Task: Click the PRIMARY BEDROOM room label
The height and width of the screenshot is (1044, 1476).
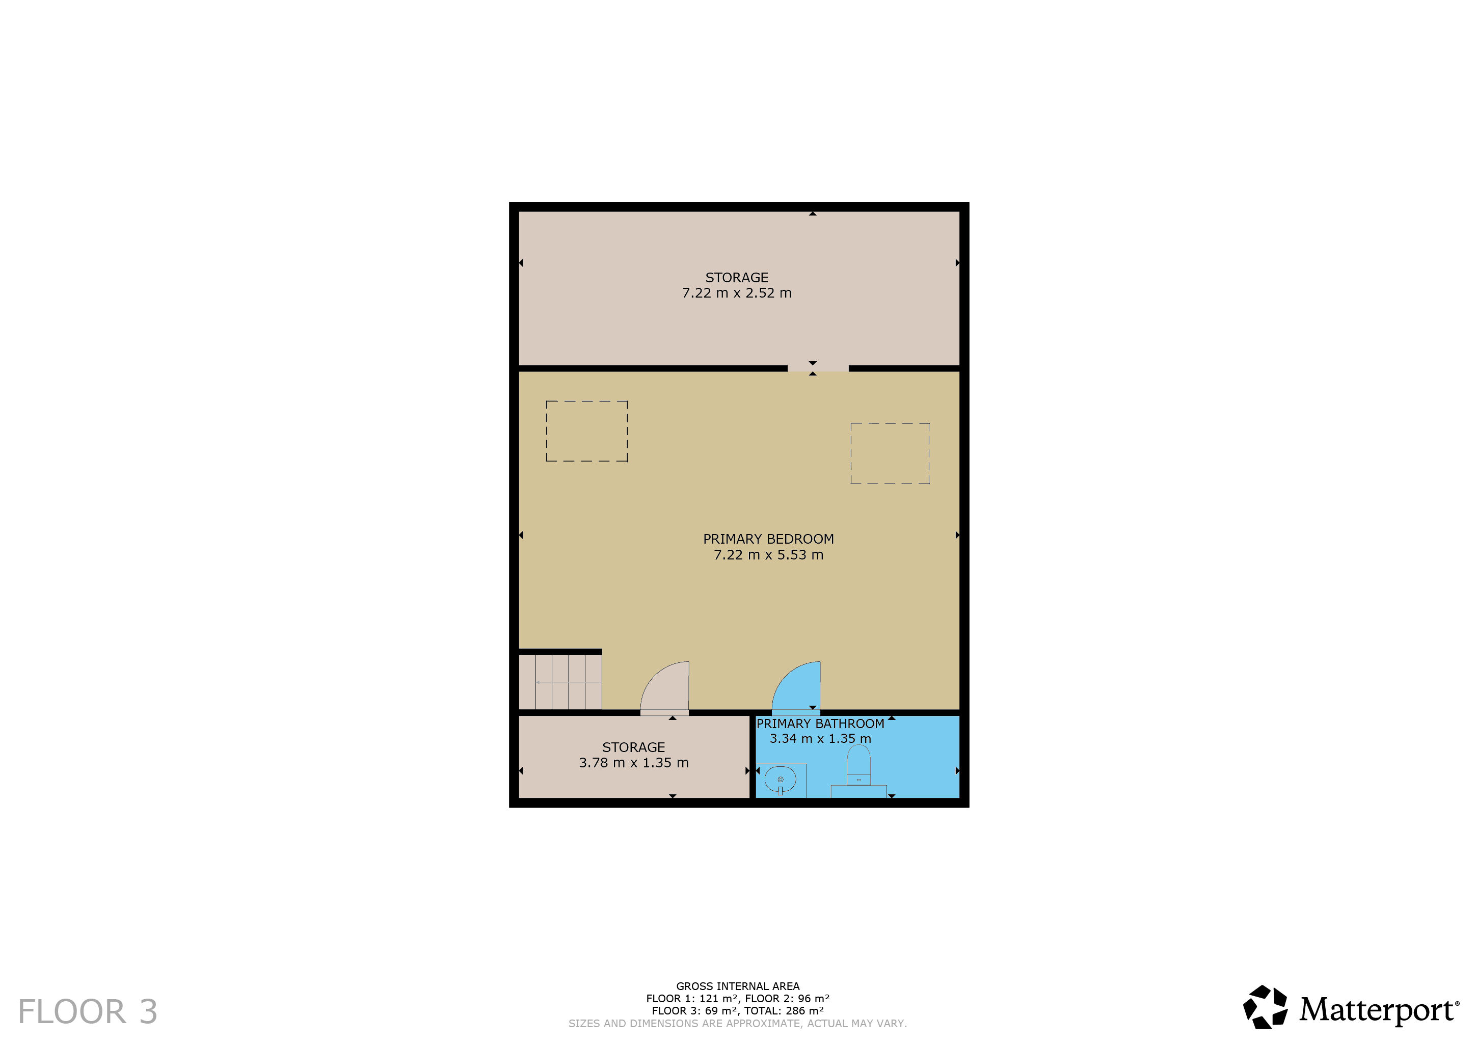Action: (768, 539)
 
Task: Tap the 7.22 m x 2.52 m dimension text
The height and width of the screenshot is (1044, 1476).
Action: (737, 293)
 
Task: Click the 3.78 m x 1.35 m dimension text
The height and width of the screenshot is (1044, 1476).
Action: (634, 763)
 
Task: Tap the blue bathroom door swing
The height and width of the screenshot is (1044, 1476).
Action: (796, 686)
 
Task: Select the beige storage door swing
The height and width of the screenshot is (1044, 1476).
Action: (665, 686)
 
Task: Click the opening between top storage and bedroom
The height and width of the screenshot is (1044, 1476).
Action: (818, 368)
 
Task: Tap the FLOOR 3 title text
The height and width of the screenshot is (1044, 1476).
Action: (88, 1012)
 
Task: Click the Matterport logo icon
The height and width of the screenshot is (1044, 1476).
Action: (1265, 1007)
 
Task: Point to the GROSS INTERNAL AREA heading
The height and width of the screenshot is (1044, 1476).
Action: (738, 986)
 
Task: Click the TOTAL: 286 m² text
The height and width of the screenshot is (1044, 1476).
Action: (784, 1010)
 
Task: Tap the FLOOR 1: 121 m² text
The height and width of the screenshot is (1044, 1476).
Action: (692, 998)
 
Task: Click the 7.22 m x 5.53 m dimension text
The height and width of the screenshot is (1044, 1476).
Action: (768, 555)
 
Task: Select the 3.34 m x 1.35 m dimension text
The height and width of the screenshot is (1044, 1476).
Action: (820, 739)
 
